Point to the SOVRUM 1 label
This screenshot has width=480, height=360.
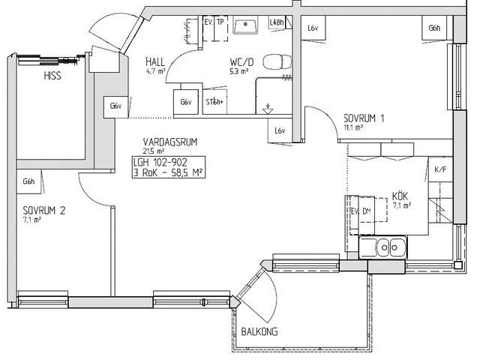[364, 118]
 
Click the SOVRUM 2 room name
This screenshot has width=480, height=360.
[43, 211]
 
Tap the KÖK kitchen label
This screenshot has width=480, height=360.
[401, 196]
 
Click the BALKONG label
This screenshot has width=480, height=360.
[259, 331]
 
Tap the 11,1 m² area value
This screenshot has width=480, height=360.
[353, 127]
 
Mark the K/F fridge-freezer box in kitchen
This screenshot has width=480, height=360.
[440, 169]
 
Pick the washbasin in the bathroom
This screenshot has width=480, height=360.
[245, 27]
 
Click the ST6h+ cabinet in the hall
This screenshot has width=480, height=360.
[215, 102]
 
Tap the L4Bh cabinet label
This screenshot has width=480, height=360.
[276, 23]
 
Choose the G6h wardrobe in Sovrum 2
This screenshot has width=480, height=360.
[29, 181]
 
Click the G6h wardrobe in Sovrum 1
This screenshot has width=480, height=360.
[434, 28]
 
